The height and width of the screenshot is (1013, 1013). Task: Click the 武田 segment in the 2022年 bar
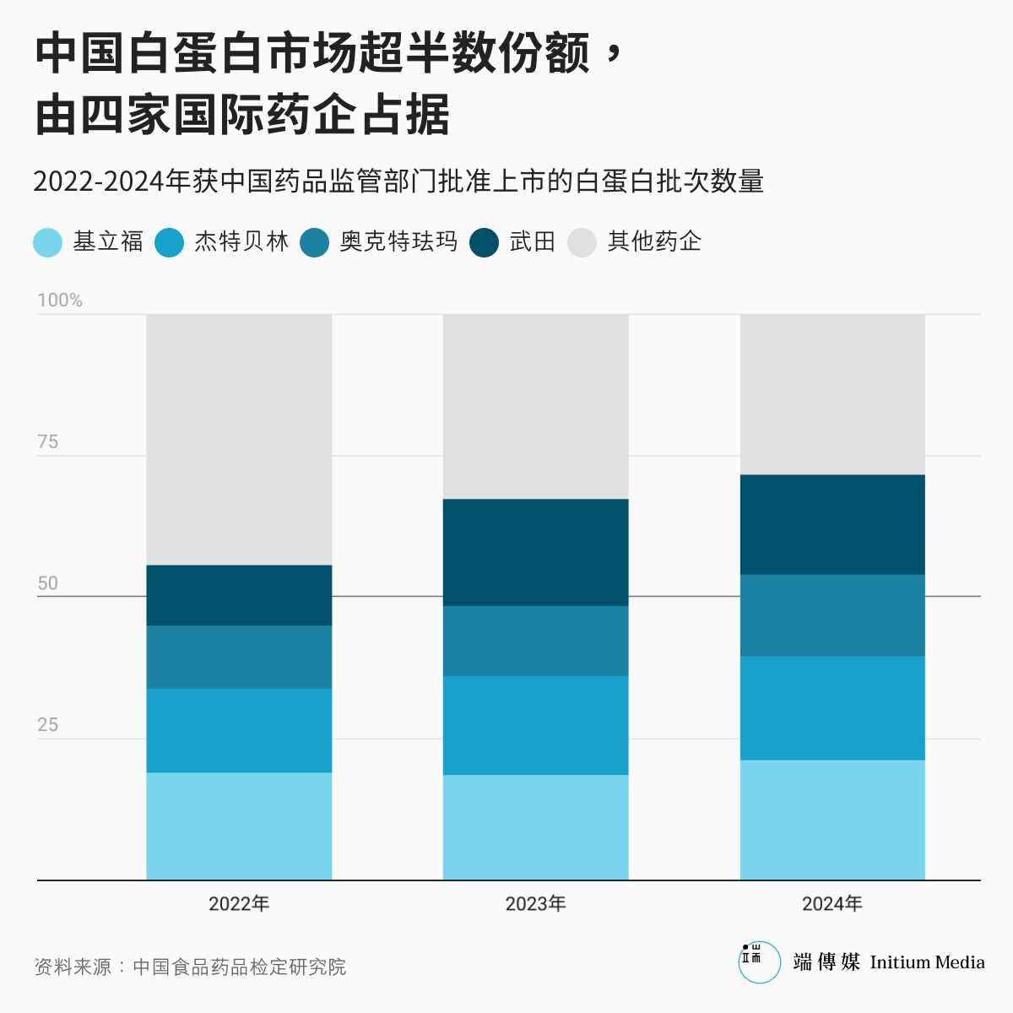pos(239,595)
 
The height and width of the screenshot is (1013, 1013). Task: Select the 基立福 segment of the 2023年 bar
pos(535,827)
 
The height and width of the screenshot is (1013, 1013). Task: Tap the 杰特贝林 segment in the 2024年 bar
pos(832,708)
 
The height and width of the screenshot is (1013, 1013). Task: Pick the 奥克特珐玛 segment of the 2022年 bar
pos(239,657)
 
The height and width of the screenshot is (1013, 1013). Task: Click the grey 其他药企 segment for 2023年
pos(535,406)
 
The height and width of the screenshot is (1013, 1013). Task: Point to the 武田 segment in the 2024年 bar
pos(832,524)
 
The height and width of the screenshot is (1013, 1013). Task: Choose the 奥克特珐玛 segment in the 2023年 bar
pos(535,641)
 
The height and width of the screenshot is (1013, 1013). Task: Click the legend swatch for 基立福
pos(48,242)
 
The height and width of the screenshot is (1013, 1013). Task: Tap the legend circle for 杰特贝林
pos(170,242)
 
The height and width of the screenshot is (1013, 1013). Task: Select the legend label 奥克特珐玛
pos(398,242)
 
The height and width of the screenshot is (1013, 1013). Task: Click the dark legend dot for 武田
pos(485,242)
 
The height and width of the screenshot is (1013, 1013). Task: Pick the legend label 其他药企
pos(654,242)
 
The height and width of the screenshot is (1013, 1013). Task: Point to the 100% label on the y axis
pos(60,301)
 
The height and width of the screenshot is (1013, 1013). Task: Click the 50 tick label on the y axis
pos(48,583)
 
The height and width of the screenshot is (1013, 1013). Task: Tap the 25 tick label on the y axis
pos(48,725)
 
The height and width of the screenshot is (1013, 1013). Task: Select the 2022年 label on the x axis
pos(239,904)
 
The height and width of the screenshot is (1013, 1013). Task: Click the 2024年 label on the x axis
pos(832,904)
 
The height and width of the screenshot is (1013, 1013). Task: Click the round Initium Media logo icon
pos(759,962)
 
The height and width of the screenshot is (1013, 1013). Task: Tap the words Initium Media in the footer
pos(927,963)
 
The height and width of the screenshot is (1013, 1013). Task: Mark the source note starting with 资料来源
pos(191,967)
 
